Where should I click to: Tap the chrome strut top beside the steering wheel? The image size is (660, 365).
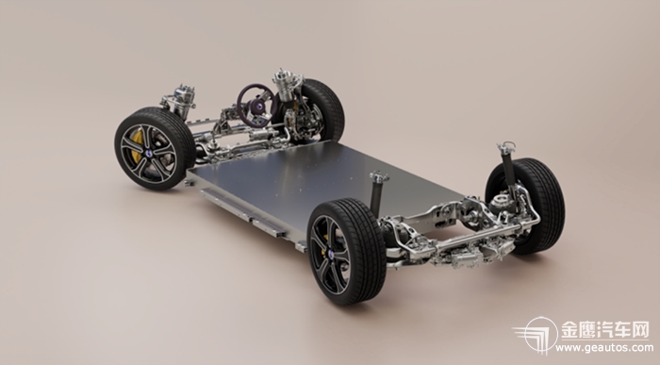[287, 83]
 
